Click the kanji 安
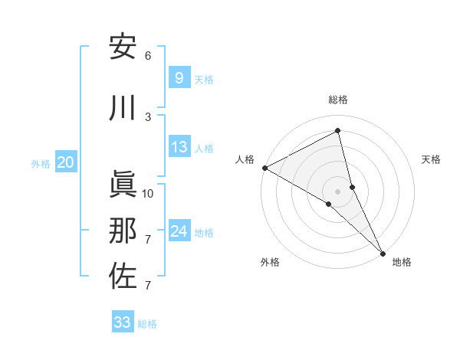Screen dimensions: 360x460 pos(123,47)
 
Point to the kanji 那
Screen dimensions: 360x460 pos(123,231)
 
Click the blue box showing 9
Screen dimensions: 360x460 pos(179,78)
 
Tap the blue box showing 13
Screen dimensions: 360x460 pos(179,148)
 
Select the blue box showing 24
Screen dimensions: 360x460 pos(179,231)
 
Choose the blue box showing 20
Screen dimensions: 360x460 pos(66,162)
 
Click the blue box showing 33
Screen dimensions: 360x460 pos(123,322)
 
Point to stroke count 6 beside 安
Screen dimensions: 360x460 pos(148,55)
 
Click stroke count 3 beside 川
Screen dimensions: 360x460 pos(148,116)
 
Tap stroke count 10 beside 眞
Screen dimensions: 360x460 pos(148,193)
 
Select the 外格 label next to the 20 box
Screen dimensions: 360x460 pos(41,163)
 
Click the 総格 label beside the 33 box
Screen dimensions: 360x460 pos(147,324)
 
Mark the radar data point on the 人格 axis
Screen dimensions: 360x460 pos(264,168)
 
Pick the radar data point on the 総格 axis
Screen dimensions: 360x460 pos(338,130)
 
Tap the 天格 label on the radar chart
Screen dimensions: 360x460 pos(432,159)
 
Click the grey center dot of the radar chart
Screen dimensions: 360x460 pos(338,191)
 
